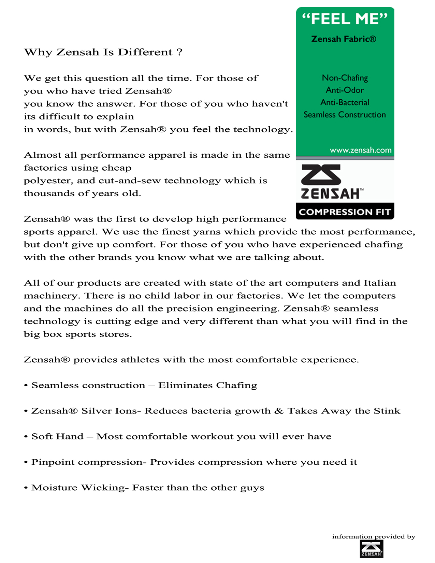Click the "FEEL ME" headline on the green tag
tap(345, 19)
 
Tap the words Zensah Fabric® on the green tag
tap(344, 39)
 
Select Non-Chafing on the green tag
tap(345, 78)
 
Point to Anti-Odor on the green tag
tap(345, 90)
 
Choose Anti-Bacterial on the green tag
tap(345, 102)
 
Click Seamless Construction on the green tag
tap(345, 115)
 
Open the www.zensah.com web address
tap(361, 150)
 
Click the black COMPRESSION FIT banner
tap(345, 212)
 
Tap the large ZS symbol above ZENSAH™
tap(321, 174)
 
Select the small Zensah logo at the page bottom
tap(372, 549)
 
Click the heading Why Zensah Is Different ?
tap(103, 52)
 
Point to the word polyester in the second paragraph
tap(48, 181)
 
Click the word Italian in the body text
tap(380, 283)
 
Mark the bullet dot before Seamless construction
tap(26, 386)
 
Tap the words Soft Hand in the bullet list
tap(57, 436)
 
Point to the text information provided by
tap(374, 536)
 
